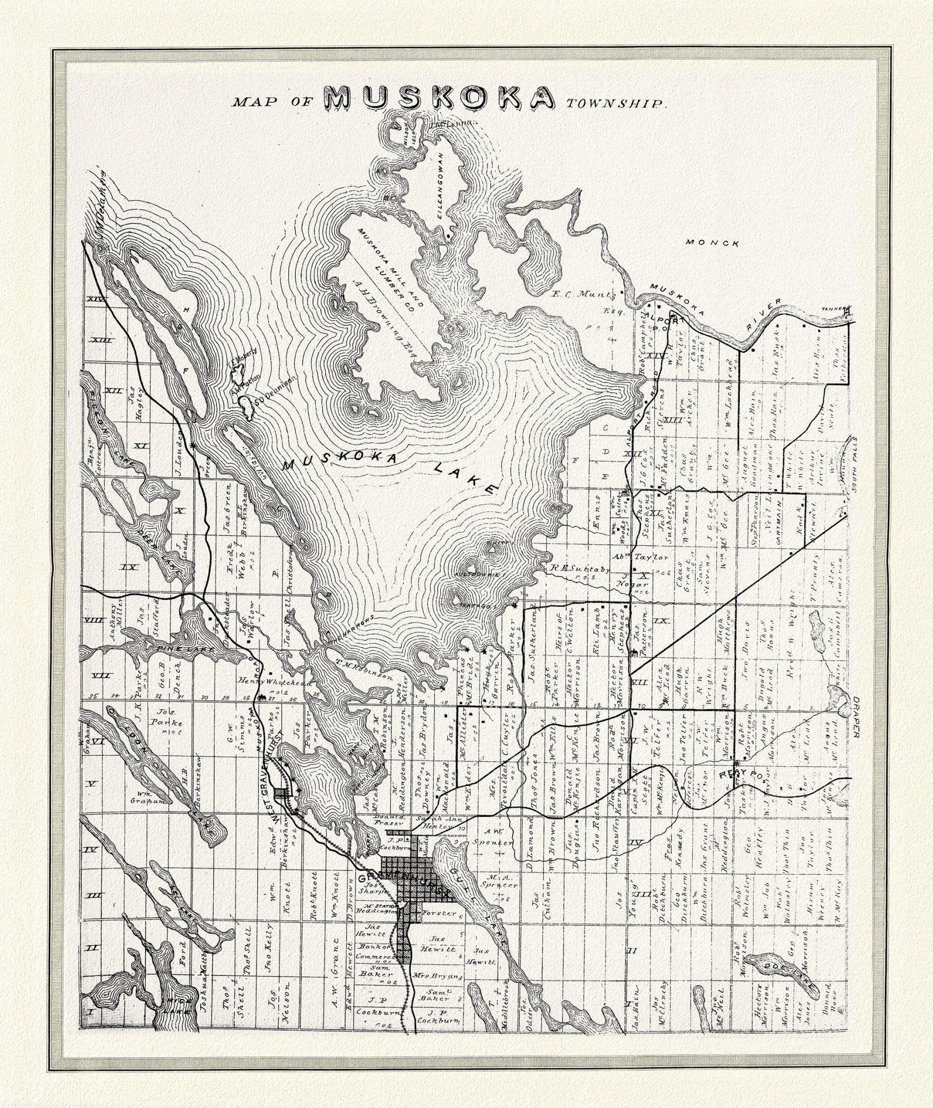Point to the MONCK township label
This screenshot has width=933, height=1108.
tap(712, 243)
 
